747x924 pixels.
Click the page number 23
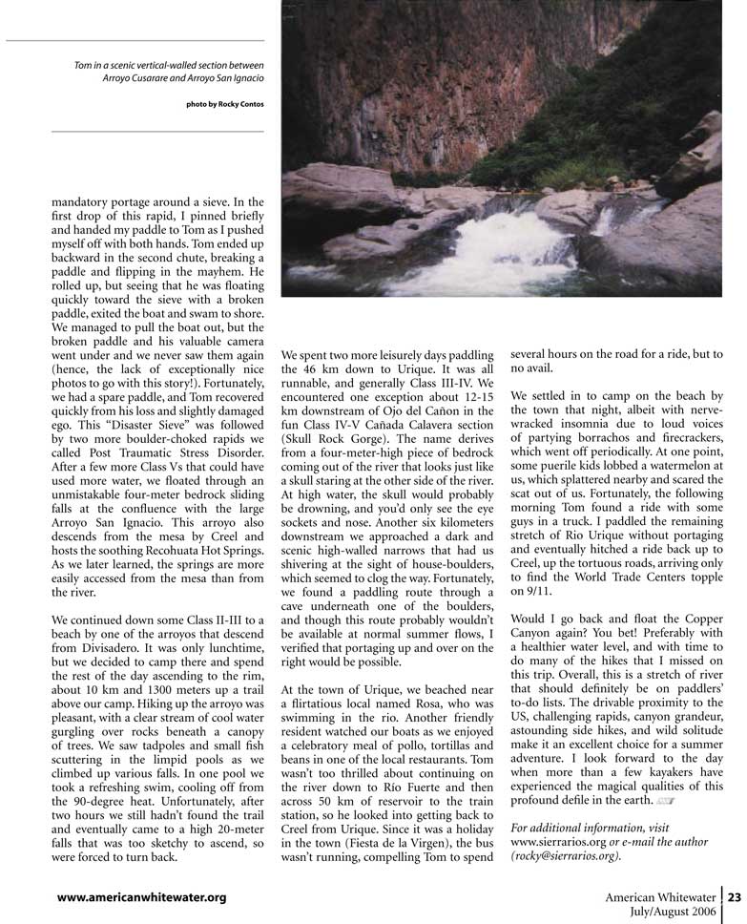735,896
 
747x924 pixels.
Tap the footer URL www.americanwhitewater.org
141,897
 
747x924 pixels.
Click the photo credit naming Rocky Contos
225,103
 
